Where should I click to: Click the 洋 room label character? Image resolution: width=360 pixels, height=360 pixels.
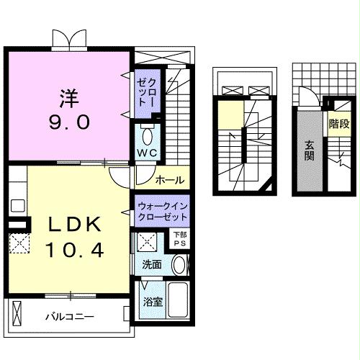pyautogui.click(x=68, y=96)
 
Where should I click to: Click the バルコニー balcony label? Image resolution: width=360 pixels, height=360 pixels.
pyautogui.click(x=69, y=316)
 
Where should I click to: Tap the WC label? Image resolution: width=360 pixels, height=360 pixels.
pyautogui.click(x=147, y=153)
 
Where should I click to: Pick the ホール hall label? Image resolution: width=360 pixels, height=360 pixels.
pyautogui.click(x=168, y=178)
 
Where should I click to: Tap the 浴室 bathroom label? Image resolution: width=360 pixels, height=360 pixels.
pyautogui.click(x=153, y=301)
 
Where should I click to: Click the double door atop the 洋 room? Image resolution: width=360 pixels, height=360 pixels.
pyautogui.click(x=71, y=38)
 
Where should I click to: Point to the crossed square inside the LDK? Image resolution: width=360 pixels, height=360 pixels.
pyautogui.click(x=18, y=241)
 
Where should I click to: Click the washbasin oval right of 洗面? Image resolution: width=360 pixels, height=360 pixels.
pyautogui.click(x=178, y=264)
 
